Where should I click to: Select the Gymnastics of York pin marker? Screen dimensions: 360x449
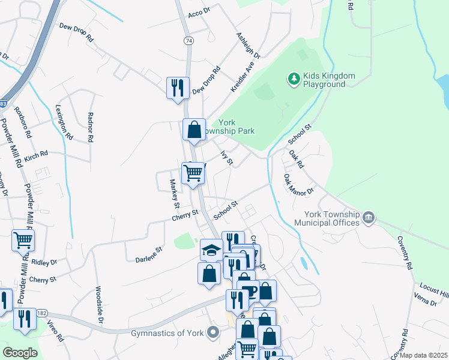click(211, 332)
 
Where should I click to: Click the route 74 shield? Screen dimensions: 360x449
click(189, 41)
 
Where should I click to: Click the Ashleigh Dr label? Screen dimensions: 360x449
click(248, 46)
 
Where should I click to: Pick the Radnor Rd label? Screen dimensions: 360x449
click(91, 127)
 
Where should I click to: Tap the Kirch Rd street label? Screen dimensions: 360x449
click(36, 155)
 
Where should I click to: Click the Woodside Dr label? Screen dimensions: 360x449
click(100, 304)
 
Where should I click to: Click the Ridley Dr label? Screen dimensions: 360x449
click(44, 262)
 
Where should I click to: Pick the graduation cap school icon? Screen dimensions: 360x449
click(211, 249)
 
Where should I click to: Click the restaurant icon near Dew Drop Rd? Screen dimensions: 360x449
click(178, 88)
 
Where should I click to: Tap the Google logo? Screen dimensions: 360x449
click(20, 353)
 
